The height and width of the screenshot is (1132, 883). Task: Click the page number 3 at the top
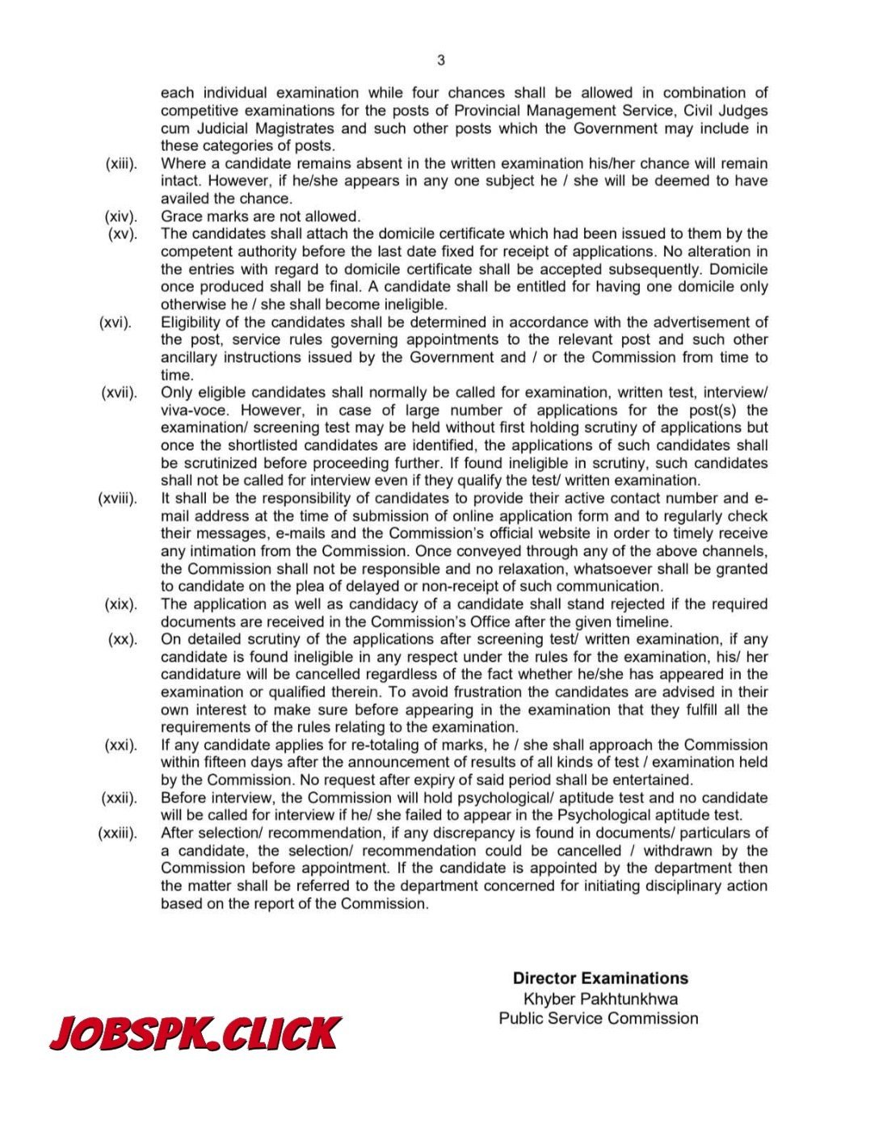441,60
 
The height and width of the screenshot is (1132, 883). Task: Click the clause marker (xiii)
121,164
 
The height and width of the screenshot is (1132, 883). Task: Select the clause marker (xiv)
121,217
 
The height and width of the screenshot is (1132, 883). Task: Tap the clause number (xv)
123,234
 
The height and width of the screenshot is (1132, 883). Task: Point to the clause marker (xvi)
116,322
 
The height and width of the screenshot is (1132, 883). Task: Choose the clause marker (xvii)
119,393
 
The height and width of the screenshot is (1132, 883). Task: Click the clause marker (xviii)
117,499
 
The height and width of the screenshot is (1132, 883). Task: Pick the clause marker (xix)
121,604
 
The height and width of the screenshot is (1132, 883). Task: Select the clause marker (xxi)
121,745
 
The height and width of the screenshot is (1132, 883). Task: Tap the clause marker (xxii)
119,798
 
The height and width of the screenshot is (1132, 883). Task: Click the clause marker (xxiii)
117,833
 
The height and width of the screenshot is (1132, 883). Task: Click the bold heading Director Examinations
600,978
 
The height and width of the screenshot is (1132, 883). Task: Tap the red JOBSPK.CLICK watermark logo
195,1033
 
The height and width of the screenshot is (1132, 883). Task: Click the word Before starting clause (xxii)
185,798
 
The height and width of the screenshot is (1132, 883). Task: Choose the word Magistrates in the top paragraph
288,128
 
